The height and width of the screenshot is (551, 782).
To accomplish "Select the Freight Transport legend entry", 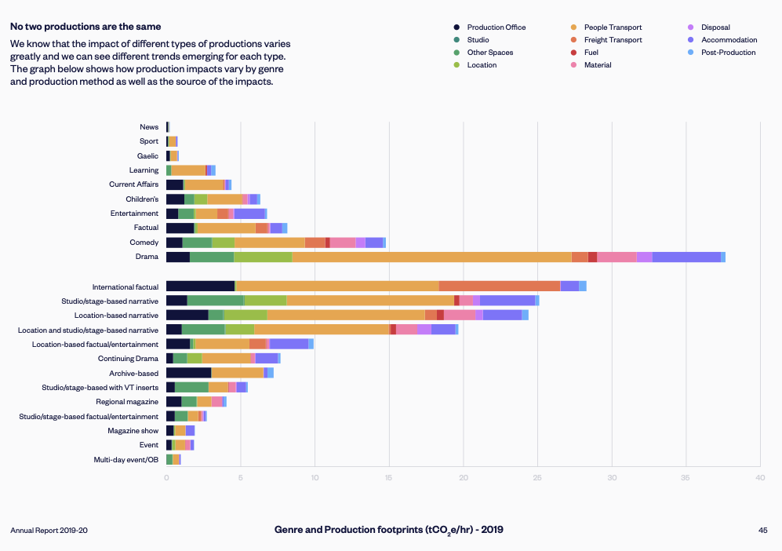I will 613,40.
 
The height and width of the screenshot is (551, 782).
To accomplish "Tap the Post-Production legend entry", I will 728,53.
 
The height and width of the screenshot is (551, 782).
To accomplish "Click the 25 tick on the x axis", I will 537,476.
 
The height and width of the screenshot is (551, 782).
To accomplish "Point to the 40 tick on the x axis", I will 759,476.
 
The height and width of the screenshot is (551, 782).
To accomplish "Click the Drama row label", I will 147,257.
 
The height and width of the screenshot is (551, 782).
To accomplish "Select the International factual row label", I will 125,286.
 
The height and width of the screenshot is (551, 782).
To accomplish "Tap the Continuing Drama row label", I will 133,359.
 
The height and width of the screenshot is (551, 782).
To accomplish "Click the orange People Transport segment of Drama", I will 431,257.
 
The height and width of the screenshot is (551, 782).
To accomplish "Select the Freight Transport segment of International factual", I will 500,286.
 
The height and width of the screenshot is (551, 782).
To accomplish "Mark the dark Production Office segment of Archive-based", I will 188,373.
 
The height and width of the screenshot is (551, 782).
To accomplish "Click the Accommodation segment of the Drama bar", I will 686,257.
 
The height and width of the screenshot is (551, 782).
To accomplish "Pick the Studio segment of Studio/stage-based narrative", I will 215,301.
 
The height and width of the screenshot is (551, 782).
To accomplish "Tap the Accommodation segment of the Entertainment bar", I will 249,213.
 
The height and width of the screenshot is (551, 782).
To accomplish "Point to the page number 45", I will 762,531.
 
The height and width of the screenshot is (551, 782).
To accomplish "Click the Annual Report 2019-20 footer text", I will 49,531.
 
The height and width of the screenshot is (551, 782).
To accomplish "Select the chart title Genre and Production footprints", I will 389,530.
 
